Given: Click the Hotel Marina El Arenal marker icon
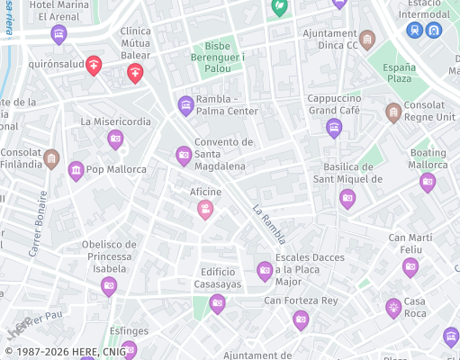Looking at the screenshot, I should (x=59, y=35).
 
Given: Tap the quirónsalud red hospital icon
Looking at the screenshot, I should (x=94, y=65).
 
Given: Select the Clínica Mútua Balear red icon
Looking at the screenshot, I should (x=135, y=73).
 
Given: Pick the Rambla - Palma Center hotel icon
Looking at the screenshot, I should (x=186, y=105).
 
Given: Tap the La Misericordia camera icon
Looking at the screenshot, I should (x=115, y=139).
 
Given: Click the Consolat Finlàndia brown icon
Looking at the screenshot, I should (x=51, y=159).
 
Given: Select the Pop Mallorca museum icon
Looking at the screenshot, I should (x=76, y=169).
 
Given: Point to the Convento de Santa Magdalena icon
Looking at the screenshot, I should (x=184, y=156).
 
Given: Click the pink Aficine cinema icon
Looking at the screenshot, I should (x=205, y=210).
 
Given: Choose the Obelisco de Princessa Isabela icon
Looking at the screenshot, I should (x=109, y=286).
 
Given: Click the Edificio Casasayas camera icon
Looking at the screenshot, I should (x=217, y=303).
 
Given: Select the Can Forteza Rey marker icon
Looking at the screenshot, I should (x=301, y=319).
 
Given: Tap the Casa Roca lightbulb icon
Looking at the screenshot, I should (x=393, y=308).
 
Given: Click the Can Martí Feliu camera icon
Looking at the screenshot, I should (x=410, y=266).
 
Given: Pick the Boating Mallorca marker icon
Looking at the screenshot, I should (x=428, y=183).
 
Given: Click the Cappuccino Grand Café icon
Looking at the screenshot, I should (x=334, y=128).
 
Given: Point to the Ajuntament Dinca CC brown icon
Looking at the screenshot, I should (x=366, y=40).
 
